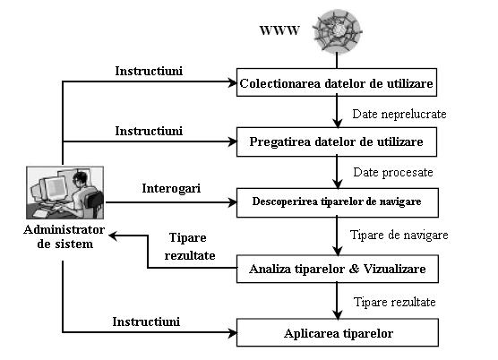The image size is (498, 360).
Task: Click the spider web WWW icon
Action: pyautogui.click(x=338, y=31)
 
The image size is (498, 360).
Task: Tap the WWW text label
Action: pyautogui.click(x=279, y=30)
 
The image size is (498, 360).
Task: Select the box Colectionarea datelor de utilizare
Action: pyautogui.click(x=337, y=82)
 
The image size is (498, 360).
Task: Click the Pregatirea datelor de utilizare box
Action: pyautogui.click(x=337, y=141)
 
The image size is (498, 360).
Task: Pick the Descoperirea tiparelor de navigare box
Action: pyautogui.click(x=338, y=202)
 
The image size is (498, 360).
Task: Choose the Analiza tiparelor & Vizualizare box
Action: pyautogui.click(x=338, y=269)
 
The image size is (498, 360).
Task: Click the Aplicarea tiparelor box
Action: pyautogui.click(x=338, y=332)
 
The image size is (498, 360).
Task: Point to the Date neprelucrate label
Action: pyautogui.click(x=399, y=114)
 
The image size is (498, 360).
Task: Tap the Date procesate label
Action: pyautogui.click(x=393, y=172)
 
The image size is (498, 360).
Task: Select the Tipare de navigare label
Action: pyautogui.click(x=399, y=235)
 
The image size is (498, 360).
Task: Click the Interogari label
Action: pyautogui.click(x=171, y=188)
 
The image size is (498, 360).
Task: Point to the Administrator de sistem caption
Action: pyautogui.click(x=64, y=236)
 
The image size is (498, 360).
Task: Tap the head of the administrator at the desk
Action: pyautogui.click(x=80, y=180)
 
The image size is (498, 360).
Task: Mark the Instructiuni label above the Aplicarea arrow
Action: pyautogui.click(x=146, y=321)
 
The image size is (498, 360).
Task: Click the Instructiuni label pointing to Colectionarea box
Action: pyautogui.click(x=149, y=71)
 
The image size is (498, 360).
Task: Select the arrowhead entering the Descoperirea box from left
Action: pyautogui.click(x=233, y=202)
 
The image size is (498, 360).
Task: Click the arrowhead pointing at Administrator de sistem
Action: pyautogui.click(x=113, y=236)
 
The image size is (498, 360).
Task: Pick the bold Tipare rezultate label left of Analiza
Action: pyautogui.click(x=190, y=246)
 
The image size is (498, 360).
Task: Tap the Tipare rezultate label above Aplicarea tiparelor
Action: pyautogui.click(x=394, y=302)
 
